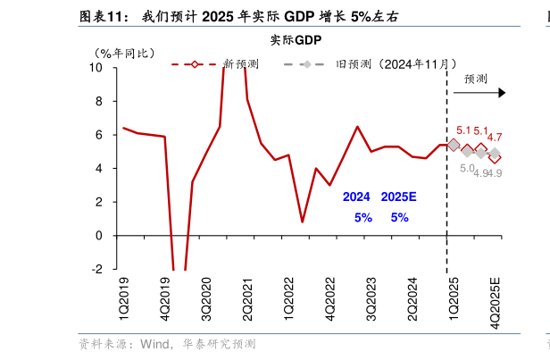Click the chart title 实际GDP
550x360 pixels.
[296, 41]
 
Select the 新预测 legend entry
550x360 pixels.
[241, 64]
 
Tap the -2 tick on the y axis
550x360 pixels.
[96, 270]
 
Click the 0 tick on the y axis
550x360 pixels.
[99, 236]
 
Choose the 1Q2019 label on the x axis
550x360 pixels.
[123, 299]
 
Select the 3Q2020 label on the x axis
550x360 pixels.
[206, 299]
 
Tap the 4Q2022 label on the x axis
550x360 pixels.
[329, 299]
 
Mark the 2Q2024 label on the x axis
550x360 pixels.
[412, 299]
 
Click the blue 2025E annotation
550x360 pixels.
[398, 197]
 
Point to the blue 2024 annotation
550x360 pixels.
[357, 197]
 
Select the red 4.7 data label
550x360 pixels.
[494, 138]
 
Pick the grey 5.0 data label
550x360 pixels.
[467, 169]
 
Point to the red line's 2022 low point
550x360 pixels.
[302, 222]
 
